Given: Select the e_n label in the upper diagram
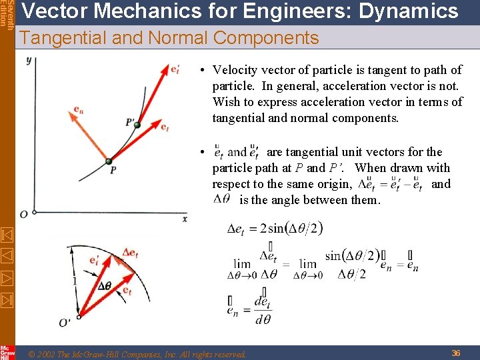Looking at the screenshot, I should [x=78, y=109].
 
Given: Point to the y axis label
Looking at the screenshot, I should [x=29, y=61].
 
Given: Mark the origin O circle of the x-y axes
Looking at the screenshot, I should [x=25, y=213].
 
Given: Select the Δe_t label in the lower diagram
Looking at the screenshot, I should [x=131, y=253].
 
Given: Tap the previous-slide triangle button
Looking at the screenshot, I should [x=6, y=255].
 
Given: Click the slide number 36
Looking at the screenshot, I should [x=456, y=353].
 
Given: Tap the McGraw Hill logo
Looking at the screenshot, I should [x=7, y=352].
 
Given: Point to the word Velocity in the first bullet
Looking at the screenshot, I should [x=235, y=70].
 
